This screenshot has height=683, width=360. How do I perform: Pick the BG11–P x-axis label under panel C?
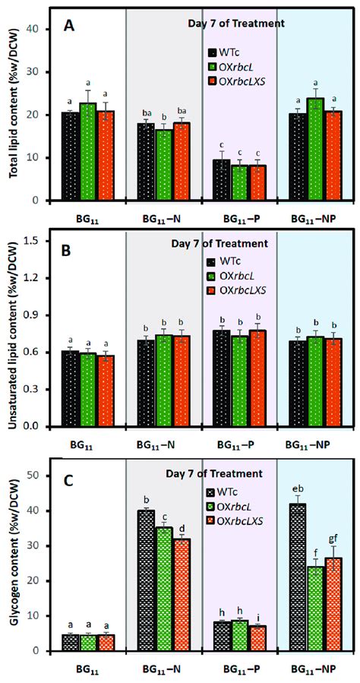(x=234, y=671)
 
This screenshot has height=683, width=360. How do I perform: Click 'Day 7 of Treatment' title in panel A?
(x=235, y=23)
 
